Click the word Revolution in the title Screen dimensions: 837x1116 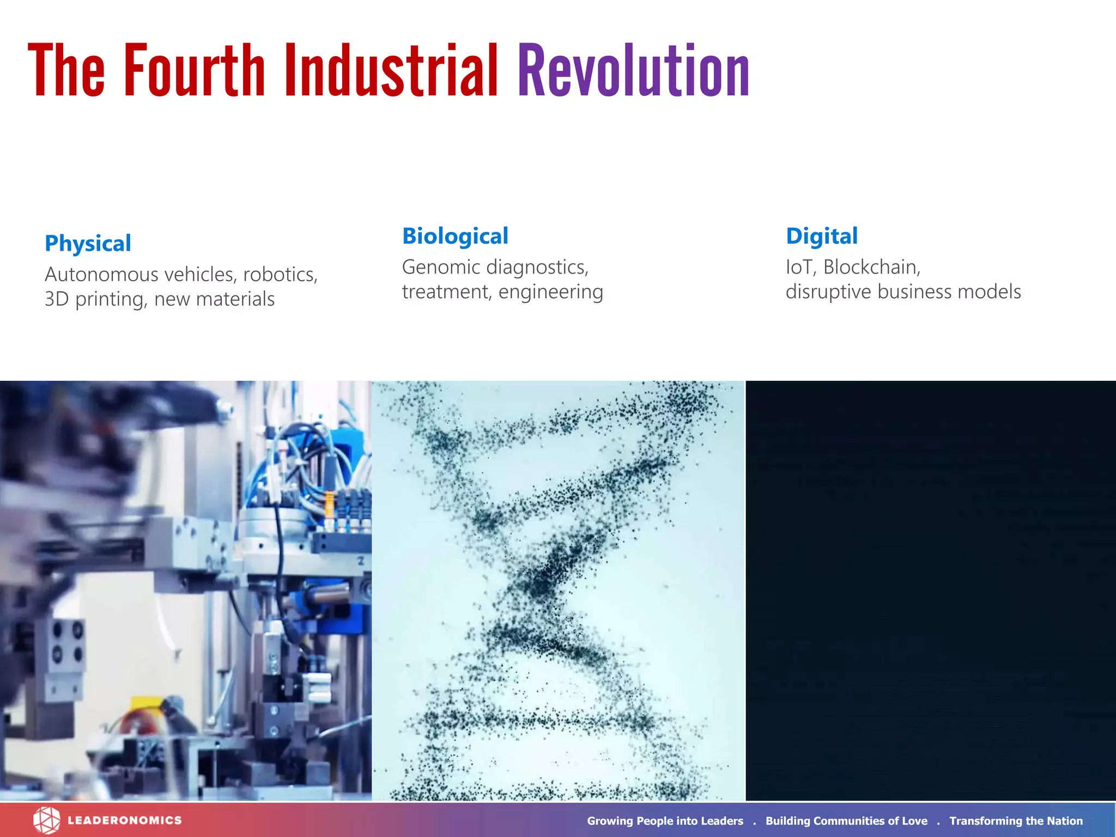[x=633, y=71]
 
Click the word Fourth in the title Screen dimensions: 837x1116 [x=194, y=71]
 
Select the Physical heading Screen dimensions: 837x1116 [x=88, y=243]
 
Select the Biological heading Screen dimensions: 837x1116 [x=455, y=236]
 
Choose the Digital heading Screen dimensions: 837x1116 [x=821, y=236]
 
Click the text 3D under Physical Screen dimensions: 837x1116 [x=56, y=299]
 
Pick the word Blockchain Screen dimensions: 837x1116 [x=871, y=267]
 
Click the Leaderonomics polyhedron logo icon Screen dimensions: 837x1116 [x=46, y=820]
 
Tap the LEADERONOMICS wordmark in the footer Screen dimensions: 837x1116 [x=125, y=820]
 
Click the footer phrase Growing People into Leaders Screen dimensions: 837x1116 [x=665, y=821]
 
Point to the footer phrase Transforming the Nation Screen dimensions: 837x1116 [x=1016, y=821]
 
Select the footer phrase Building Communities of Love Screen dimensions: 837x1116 [x=846, y=821]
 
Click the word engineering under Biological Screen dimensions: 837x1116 [x=550, y=292]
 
